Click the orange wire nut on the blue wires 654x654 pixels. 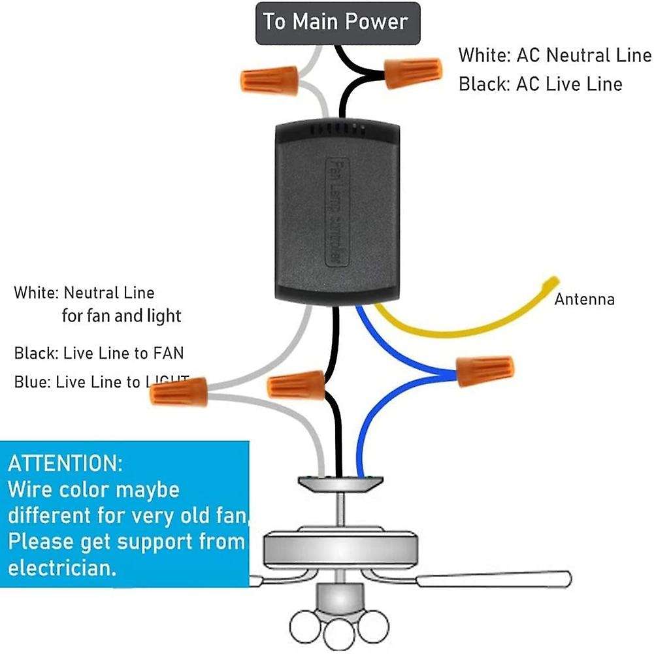(x=485, y=371)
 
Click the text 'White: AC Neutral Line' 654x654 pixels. (x=555, y=56)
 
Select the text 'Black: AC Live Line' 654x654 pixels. (x=540, y=84)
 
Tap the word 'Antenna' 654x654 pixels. (x=584, y=300)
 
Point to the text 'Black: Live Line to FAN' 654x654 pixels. (x=99, y=353)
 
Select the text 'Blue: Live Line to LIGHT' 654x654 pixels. (x=101, y=382)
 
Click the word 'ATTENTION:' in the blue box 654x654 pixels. (x=65, y=464)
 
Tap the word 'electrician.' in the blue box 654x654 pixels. (x=63, y=567)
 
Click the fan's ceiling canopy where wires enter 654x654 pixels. (x=340, y=484)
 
